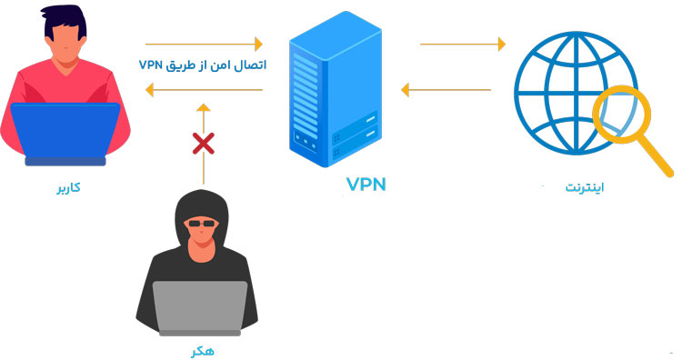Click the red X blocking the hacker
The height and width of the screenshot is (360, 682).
click(x=204, y=143)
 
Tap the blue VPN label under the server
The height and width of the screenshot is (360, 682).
click(x=366, y=185)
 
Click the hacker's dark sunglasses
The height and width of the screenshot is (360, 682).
click(x=200, y=223)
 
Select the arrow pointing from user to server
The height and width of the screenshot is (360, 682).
click(x=204, y=43)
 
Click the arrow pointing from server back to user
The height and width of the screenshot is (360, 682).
click(x=204, y=89)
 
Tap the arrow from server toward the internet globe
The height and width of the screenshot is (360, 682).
click(x=463, y=43)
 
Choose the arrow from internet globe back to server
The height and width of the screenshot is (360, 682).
click(x=446, y=89)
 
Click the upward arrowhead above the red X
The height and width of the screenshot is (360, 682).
click(x=204, y=107)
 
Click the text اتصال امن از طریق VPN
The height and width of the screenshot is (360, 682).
click(x=202, y=65)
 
